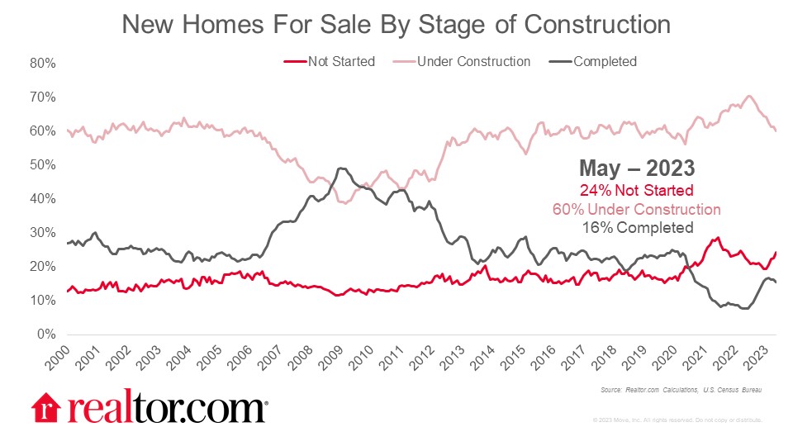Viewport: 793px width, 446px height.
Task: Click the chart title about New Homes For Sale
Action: pyautogui.click(x=396, y=24)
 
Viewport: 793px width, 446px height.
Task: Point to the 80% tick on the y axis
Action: pyautogui.click(x=43, y=63)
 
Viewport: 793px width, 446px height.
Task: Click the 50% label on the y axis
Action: pyautogui.click(x=43, y=165)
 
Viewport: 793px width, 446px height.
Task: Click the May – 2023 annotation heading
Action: pyautogui.click(x=636, y=168)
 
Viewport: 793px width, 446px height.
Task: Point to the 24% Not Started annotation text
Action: pyautogui.click(x=636, y=191)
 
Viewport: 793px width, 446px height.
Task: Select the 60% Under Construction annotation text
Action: pyautogui.click(x=636, y=210)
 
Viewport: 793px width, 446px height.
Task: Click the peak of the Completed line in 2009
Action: pyautogui.click(x=340, y=168)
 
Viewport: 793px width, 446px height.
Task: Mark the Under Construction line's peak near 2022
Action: pyautogui.click(x=749, y=96)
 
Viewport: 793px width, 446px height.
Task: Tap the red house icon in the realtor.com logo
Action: pyautogui.click(x=45, y=407)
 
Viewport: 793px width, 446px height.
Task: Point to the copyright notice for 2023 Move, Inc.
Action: pyautogui.click(x=677, y=420)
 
